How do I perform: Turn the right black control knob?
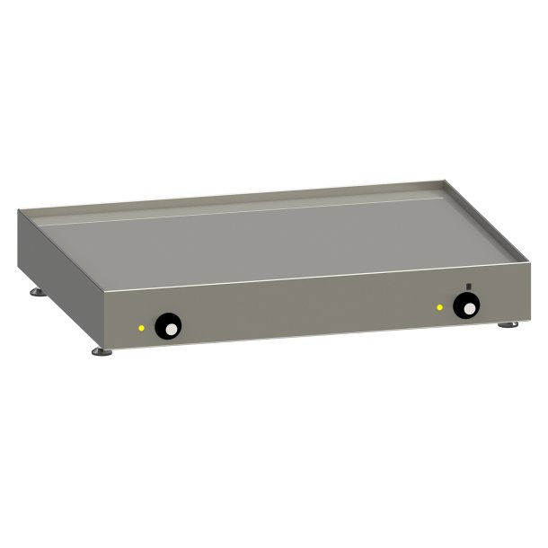tap(465, 307)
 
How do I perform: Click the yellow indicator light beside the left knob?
tap(141, 327)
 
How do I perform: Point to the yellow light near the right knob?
tap(439, 308)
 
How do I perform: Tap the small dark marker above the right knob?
tap(468, 287)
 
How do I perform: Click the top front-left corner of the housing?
tap(106, 295)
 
